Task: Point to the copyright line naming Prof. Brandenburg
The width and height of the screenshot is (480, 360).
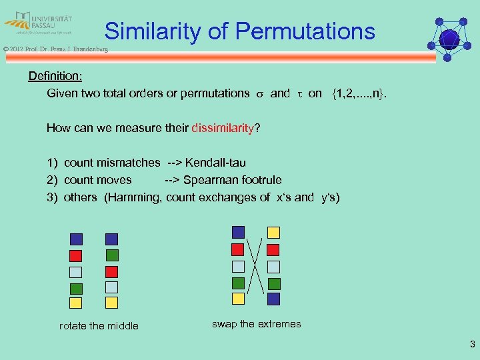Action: tap(54, 49)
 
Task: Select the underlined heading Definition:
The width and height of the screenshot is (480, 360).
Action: tap(55, 76)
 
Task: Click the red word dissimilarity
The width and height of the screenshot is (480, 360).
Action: tap(223, 128)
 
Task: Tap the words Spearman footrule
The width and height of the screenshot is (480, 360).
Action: tap(232, 180)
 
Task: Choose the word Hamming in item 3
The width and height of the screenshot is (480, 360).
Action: tap(134, 197)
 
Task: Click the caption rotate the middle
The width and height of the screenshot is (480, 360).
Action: tap(99, 326)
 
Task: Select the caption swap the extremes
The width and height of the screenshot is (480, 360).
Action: tap(256, 324)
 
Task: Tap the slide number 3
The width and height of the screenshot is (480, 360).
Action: tap(472, 345)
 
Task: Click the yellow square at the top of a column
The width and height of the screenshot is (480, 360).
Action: tap(273, 232)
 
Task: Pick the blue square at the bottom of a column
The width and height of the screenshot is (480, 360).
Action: tap(273, 299)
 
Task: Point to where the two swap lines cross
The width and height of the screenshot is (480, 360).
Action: tap(255, 265)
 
